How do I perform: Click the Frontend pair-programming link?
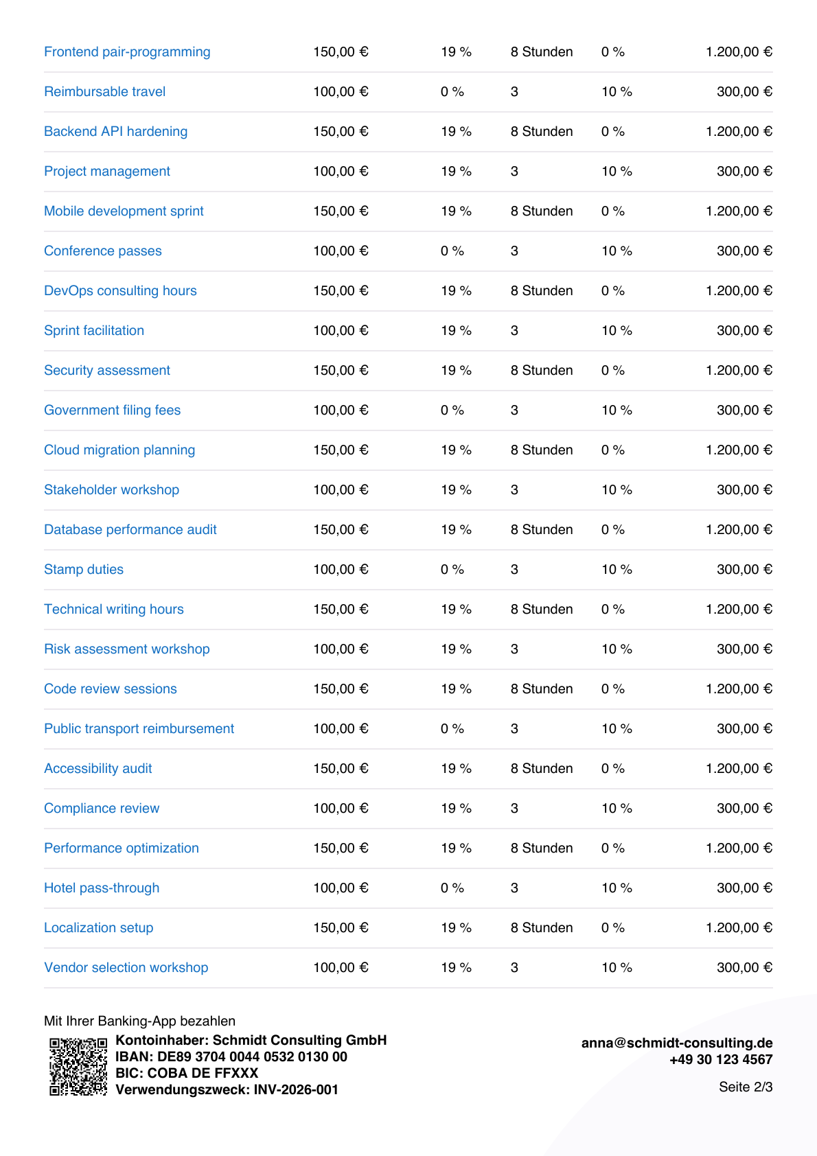click(x=127, y=52)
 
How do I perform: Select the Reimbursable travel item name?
click(x=105, y=92)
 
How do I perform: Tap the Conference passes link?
click(x=103, y=251)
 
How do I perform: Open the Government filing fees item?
click(x=112, y=411)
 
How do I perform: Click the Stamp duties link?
click(x=84, y=569)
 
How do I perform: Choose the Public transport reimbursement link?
click(x=139, y=729)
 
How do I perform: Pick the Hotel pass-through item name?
click(x=102, y=888)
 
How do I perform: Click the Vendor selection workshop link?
click(x=126, y=968)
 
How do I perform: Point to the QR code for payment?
click(x=78, y=1066)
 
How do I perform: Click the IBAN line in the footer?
click(x=231, y=1056)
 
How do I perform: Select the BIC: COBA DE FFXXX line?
click(x=187, y=1073)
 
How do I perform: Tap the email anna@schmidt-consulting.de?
click(x=677, y=1043)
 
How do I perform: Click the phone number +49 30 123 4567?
click(x=721, y=1059)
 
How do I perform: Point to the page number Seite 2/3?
click(x=746, y=1087)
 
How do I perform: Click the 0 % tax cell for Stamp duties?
click(x=452, y=569)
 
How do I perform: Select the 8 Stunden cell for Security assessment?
click(x=542, y=371)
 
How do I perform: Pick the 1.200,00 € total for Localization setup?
click(x=739, y=928)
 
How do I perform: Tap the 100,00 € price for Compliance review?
click(x=341, y=808)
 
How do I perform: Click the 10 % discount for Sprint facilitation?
click(x=617, y=331)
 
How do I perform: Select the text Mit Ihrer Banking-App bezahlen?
click(x=139, y=1021)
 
